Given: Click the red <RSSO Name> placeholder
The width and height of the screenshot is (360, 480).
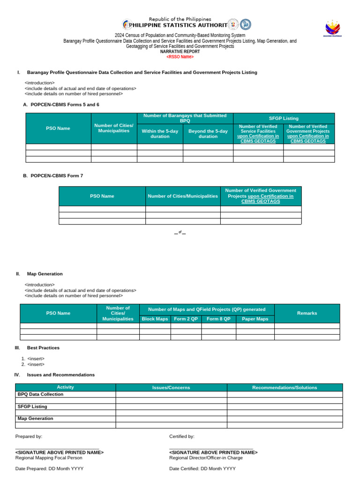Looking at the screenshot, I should pos(180,57).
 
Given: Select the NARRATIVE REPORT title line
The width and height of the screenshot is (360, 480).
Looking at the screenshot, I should pos(180,52).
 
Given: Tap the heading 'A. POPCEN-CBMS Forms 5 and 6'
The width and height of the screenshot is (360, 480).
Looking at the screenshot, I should pos(61,105).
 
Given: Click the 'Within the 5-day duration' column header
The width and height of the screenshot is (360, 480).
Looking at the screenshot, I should pos(160,134).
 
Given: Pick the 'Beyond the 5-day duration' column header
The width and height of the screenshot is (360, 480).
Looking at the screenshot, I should pos(208,134).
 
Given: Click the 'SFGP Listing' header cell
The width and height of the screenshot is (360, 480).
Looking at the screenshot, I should pos(284,118).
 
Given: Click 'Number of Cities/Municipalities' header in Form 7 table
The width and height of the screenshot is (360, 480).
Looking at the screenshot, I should pos(183,196).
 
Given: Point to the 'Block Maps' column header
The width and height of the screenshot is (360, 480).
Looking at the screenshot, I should pos(155,319).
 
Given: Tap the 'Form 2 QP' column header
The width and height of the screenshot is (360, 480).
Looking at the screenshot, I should pos(186,319).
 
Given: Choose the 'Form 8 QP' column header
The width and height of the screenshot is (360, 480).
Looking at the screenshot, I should pos(218,319).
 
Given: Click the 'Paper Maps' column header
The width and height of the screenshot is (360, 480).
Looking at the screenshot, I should pos(255,319).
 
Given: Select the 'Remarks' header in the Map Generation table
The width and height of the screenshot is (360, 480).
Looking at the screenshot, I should pos(307,313).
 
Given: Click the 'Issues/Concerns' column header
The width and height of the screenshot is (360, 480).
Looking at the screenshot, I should pos(171,388).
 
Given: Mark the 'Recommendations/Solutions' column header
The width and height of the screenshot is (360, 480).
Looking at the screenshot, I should pos(285,388).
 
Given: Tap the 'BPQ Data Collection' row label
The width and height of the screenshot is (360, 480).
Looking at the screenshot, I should pos(40,394).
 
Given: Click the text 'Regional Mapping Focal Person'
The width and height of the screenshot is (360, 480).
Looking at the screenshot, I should pos(49,457).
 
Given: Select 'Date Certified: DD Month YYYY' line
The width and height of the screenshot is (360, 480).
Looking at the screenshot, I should pos(202,469).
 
